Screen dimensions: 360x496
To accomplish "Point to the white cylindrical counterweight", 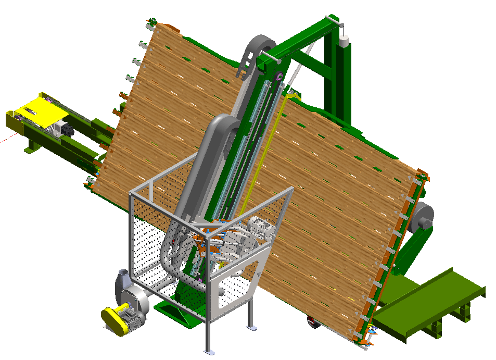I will pos(344,41).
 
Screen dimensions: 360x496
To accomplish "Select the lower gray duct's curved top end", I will pos(224,123).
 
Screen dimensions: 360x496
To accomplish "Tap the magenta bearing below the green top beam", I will pos(278,78).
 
